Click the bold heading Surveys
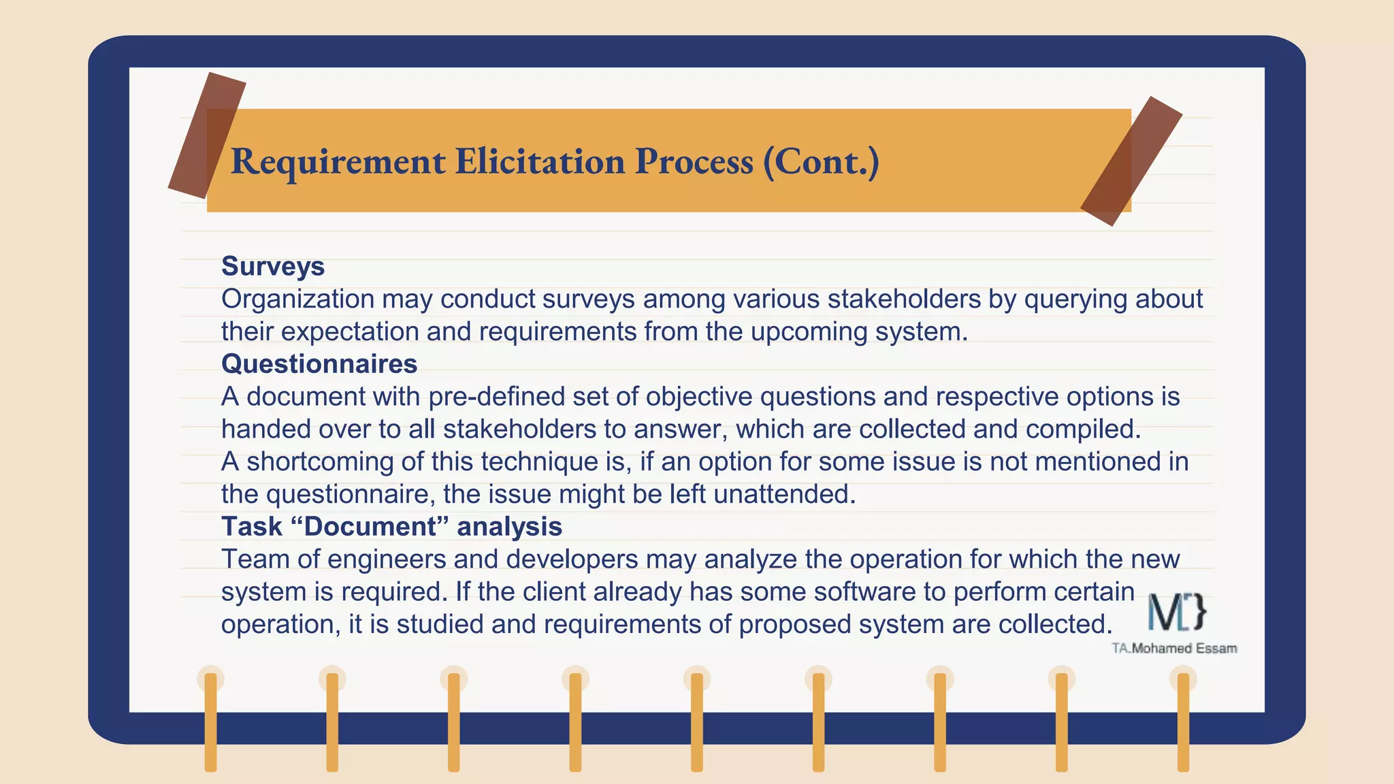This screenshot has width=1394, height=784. [272, 266]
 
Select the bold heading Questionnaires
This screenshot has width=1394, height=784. [319, 364]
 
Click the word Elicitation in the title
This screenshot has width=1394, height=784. [540, 162]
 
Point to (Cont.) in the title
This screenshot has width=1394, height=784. [821, 162]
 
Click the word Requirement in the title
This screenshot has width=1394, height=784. [338, 162]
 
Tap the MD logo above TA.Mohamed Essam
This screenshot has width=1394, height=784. [1176, 612]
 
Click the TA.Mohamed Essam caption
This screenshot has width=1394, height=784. [1174, 649]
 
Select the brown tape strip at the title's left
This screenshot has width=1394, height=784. [207, 135]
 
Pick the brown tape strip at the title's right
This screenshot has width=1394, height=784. [1131, 161]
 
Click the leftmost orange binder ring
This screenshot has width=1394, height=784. [210, 721]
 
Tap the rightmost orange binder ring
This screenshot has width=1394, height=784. [1183, 721]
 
